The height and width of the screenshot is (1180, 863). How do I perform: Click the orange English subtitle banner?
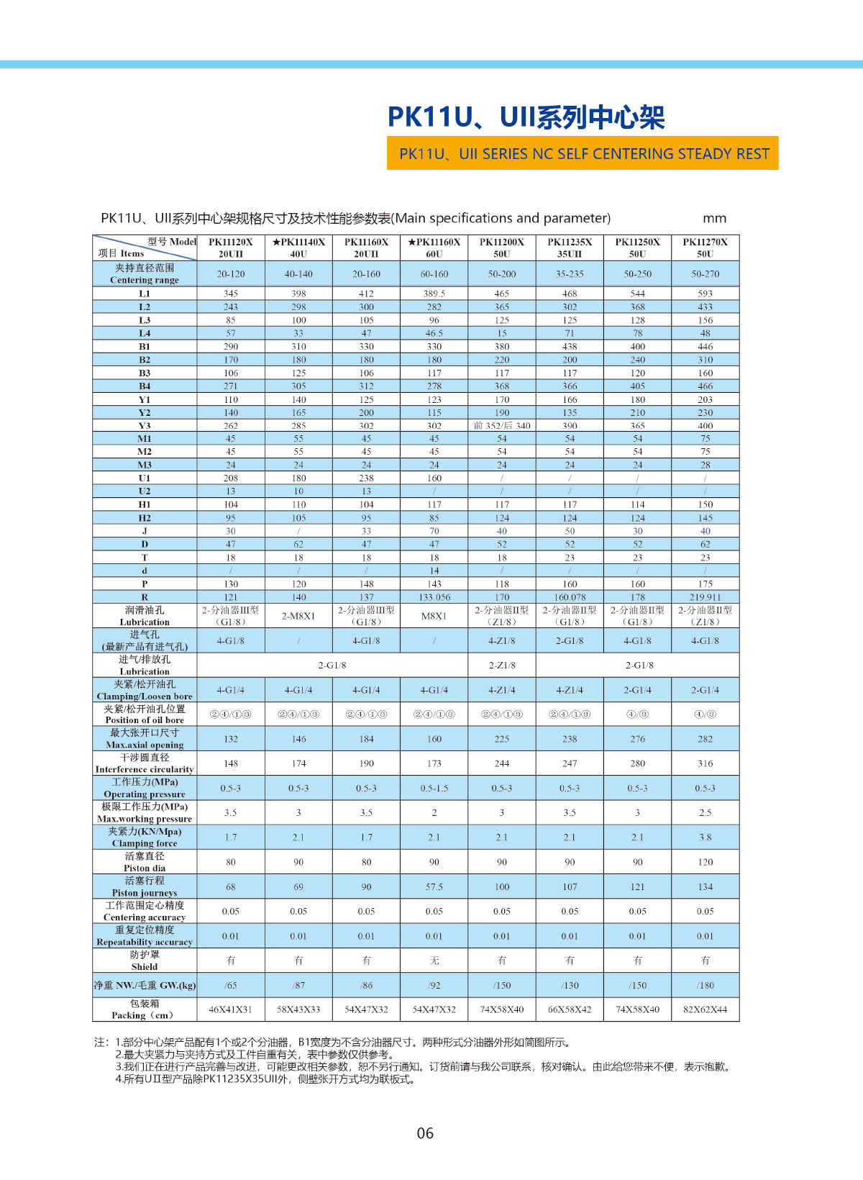(583, 153)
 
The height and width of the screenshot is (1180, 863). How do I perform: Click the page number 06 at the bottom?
(425, 1133)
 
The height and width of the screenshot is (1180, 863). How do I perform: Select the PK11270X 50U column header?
(705, 248)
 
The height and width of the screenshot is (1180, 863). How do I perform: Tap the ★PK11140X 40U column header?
(298, 248)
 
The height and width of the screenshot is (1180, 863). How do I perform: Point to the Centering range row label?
(145, 273)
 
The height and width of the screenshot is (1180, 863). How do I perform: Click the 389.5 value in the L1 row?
(434, 294)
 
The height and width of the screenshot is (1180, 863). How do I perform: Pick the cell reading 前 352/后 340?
(502, 426)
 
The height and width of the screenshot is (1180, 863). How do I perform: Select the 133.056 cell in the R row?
(434, 597)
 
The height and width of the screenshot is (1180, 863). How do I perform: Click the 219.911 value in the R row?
(705, 597)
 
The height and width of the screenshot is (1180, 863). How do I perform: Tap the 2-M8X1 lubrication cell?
(298, 616)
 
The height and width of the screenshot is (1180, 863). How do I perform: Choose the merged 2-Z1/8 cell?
(502, 666)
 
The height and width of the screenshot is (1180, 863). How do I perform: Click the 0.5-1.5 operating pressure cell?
(434, 789)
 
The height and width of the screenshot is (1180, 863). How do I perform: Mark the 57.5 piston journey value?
(434, 887)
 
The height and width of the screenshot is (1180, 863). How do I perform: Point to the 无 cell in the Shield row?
(434, 961)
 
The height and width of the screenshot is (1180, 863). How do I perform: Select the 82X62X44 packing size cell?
(705, 1009)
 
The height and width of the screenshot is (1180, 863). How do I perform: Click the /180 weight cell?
(705, 986)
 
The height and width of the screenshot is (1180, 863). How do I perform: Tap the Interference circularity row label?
(145, 763)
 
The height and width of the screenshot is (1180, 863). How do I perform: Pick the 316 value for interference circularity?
(705, 763)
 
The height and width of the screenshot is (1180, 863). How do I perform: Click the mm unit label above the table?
(714, 218)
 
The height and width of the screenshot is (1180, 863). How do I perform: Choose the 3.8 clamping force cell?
(705, 838)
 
